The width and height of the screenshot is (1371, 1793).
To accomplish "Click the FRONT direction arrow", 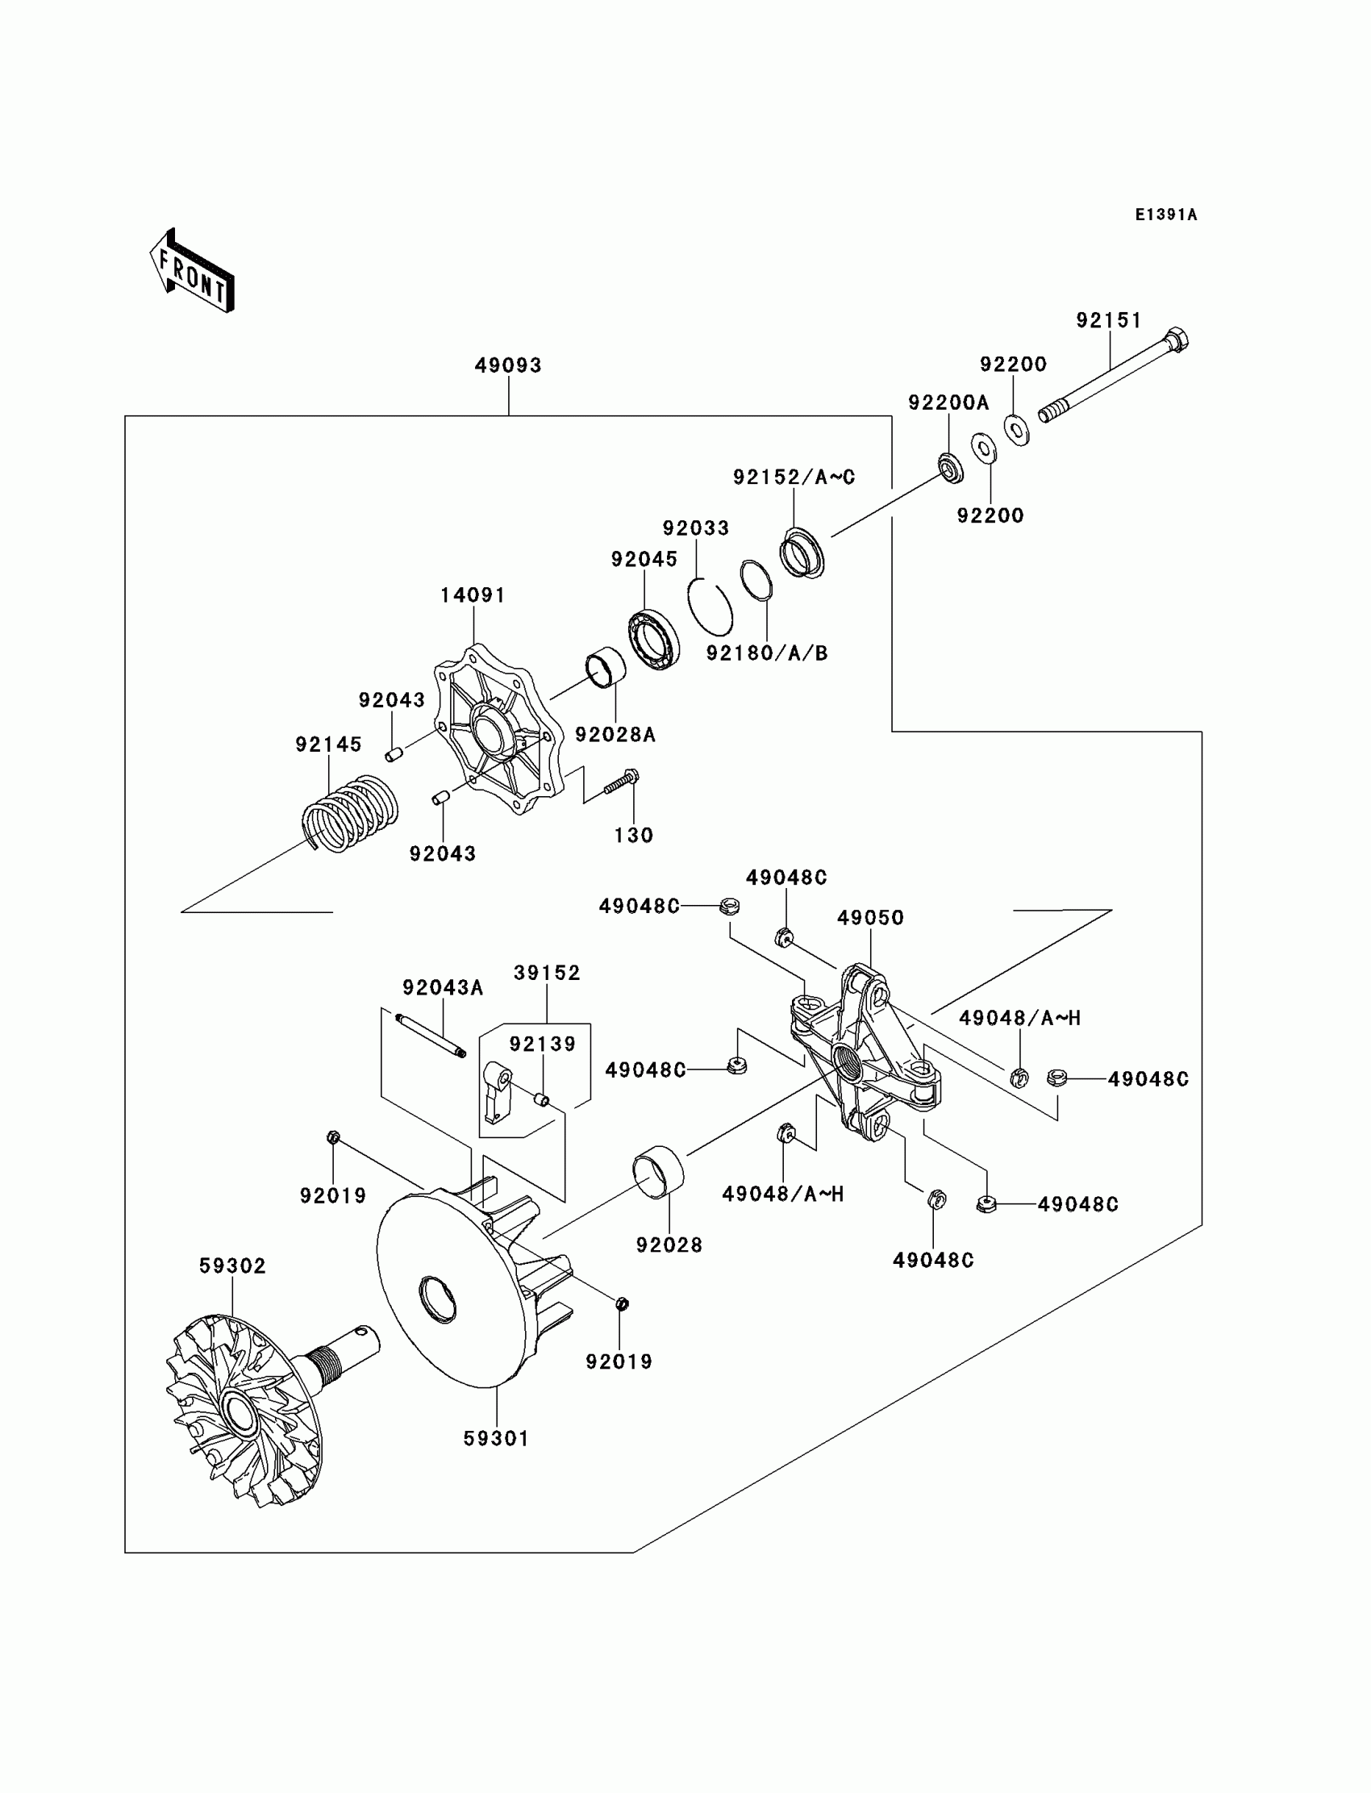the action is point(193,271).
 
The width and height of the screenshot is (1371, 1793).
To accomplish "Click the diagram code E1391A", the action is point(1166,215).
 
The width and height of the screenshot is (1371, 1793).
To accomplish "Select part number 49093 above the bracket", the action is point(508,365).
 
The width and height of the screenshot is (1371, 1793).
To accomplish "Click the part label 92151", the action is point(1109,321).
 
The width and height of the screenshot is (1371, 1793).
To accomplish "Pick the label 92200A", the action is point(948,402).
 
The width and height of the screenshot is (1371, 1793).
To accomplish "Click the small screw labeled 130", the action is point(621,782).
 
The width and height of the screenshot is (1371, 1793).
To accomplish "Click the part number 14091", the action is point(473,596).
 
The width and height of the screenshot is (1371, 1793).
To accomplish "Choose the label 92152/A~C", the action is point(794,477).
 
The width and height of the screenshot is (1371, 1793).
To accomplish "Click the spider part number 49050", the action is point(871,918).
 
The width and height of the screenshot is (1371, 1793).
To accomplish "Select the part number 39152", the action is point(547,973).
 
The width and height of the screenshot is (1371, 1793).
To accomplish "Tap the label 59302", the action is point(232,1266).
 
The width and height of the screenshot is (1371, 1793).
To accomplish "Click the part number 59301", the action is point(496,1439).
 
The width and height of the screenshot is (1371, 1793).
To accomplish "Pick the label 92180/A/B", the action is point(767,653).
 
